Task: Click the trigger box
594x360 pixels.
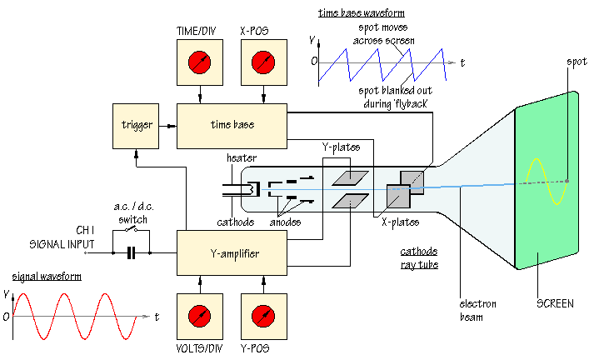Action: (x=137, y=125)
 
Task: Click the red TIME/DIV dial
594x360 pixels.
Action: (x=200, y=63)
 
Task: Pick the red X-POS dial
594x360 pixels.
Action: (x=264, y=63)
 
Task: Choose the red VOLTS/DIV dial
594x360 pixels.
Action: (x=200, y=316)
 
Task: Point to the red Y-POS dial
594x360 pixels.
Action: (x=264, y=316)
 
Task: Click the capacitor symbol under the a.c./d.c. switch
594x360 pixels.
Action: (x=130, y=252)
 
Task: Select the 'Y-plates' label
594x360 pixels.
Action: (x=341, y=147)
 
